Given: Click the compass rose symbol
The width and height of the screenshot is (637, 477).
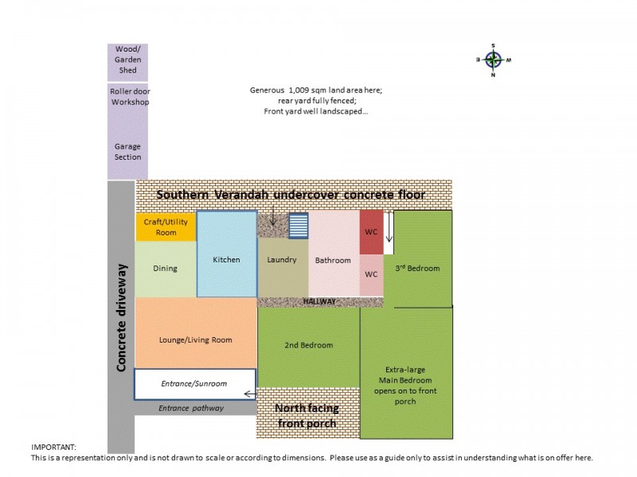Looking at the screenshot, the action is [x=493, y=60].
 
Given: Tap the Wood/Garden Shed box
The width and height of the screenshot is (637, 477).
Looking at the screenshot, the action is [x=127, y=63].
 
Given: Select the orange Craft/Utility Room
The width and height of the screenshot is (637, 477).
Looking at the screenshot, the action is [x=166, y=226].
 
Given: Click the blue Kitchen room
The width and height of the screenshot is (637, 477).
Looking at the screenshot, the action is [x=227, y=254].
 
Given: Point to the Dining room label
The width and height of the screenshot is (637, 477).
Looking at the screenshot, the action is [x=165, y=268].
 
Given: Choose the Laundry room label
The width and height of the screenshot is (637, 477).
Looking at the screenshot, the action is [x=282, y=260].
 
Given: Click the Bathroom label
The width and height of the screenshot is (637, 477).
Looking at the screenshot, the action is [x=333, y=261].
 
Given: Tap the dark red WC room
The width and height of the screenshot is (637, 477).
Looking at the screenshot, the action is [x=371, y=232].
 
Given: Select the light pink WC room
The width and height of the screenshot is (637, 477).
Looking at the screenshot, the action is [x=371, y=275].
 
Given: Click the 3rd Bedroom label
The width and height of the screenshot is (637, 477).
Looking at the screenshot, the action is [x=417, y=268].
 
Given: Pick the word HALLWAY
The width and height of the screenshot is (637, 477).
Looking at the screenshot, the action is [x=320, y=301].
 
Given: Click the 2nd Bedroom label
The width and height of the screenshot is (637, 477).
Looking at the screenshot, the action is [x=309, y=345].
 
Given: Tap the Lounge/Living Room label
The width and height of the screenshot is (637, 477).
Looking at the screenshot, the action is [x=195, y=340].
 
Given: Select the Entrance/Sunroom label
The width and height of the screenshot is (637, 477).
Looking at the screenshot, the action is [x=193, y=383].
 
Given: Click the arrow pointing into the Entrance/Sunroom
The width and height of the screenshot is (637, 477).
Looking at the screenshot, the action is [x=251, y=394].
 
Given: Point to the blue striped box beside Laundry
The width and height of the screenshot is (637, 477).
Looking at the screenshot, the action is [x=299, y=226].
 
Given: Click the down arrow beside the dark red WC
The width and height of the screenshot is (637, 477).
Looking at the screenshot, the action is [x=389, y=227].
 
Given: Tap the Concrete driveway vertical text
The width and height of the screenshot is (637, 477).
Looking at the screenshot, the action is [x=121, y=317].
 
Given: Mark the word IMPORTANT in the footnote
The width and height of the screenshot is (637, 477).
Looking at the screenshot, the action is [x=53, y=447].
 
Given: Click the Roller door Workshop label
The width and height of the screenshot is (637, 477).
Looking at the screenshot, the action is [x=130, y=96].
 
